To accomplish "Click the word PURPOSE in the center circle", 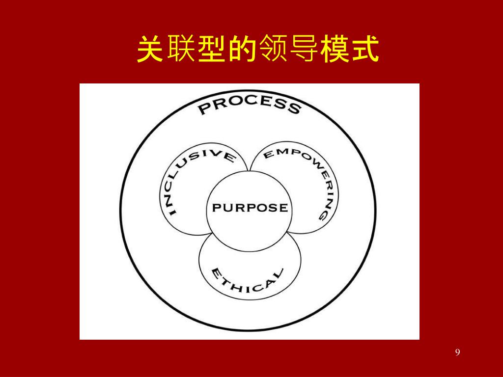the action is (x=250, y=208).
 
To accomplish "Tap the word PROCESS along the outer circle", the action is (x=249, y=105).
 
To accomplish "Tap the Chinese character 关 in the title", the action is (x=149, y=49).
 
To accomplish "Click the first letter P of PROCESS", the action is (x=203, y=109).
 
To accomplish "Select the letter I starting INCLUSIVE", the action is (x=171, y=211).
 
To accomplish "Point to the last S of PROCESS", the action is (x=294, y=108).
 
